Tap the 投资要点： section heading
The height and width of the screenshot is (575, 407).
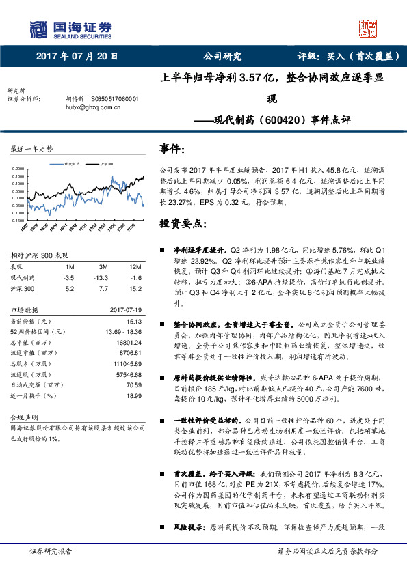click(182, 223)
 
